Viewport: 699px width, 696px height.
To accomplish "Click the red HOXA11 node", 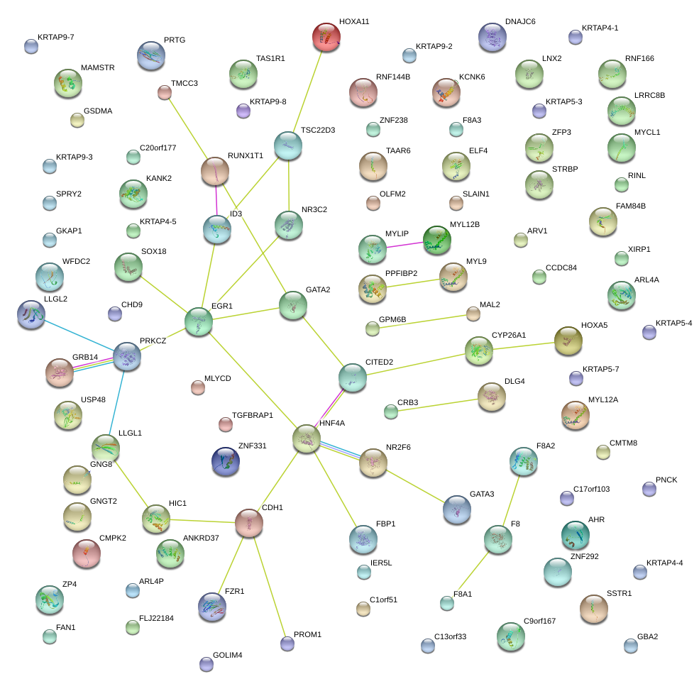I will (326, 37).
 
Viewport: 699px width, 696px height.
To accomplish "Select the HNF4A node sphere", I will (307, 439).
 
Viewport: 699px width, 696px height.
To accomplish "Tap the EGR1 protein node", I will (199, 321).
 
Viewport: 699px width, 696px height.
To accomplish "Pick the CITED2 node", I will (353, 377).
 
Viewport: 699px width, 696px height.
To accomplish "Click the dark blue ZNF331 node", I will (226, 461).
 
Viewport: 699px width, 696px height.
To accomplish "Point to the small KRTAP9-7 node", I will (31, 46).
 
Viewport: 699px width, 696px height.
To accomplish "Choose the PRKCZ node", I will (127, 355).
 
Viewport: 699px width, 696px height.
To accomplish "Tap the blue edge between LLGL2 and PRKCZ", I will (78, 334).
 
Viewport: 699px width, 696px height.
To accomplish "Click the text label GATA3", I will (482, 494).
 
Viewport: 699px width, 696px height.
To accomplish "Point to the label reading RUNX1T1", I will (246, 155).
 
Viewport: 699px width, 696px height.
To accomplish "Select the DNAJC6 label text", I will (520, 22).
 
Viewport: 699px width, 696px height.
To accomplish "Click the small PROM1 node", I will (287, 643).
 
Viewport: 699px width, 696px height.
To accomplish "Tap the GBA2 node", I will (631, 645).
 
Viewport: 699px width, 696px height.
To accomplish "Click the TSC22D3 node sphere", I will (288, 145).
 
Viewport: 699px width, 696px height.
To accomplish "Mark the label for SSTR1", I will (619, 593).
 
